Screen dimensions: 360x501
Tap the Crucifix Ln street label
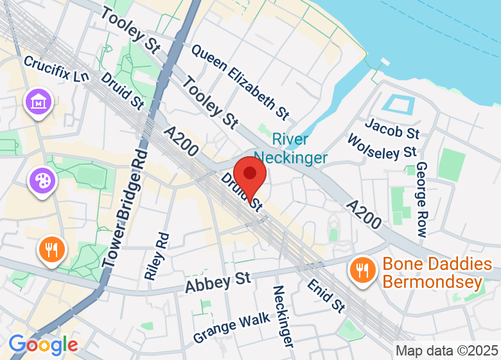[x=57, y=69]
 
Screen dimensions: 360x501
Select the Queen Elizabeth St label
[x=240, y=81]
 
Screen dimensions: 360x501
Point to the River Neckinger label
[x=290, y=148]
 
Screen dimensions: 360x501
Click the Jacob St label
[x=392, y=127]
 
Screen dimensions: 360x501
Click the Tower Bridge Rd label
[x=125, y=210]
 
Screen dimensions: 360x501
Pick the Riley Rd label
[x=157, y=256]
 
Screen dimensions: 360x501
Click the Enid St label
[x=326, y=294]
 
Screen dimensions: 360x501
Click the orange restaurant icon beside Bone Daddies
[x=362, y=270]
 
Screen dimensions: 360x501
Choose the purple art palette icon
[x=43, y=179]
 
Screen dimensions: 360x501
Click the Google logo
[x=43, y=345]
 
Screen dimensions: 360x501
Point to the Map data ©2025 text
[x=446, y=351]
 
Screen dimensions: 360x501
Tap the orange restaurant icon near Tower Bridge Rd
[x=51, y=249]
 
